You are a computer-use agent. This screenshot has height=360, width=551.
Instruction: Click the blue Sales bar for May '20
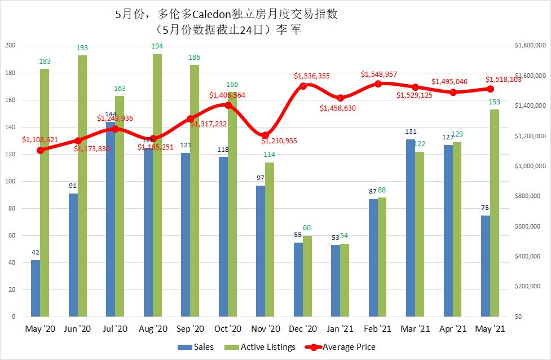tap(36, 288)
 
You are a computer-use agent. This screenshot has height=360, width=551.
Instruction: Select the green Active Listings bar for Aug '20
tap(157, 186)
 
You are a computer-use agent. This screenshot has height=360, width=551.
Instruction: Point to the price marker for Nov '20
tap(265, 135)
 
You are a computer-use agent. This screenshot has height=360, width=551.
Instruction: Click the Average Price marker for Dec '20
tap(303, 86)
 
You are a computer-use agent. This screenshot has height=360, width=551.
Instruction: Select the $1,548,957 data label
tap(380, 74)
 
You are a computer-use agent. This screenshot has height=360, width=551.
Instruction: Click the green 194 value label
tap(157, 46)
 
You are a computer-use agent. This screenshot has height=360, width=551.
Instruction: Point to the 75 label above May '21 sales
tap(486, 208)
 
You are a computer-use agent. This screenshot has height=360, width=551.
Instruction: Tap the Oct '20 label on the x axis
tap(228, 328)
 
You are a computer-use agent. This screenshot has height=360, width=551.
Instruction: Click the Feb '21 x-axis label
tap(378, 328)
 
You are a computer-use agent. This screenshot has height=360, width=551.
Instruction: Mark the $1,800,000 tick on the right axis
tap(530, 46)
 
